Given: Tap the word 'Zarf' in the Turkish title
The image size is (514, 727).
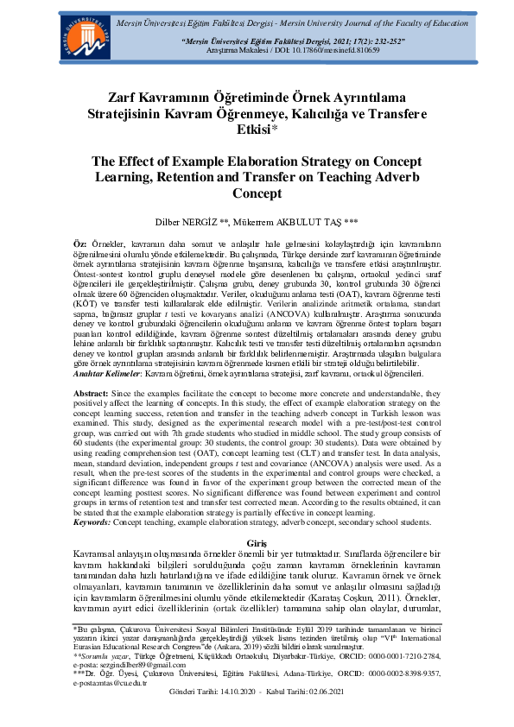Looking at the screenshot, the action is point(128,98).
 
